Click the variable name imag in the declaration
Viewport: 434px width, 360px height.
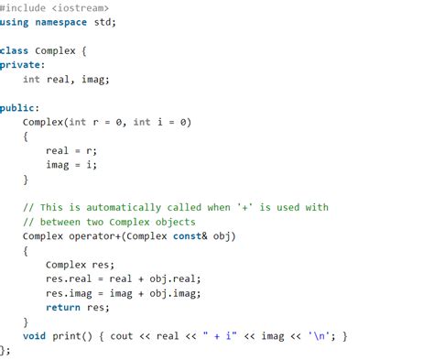coord(94,80)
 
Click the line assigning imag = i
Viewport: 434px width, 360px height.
coord(71,164)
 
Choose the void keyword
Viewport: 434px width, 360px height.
coord(34,336)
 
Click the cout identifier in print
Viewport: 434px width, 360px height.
coord(121,336)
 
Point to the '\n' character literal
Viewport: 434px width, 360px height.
coord(320,336)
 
